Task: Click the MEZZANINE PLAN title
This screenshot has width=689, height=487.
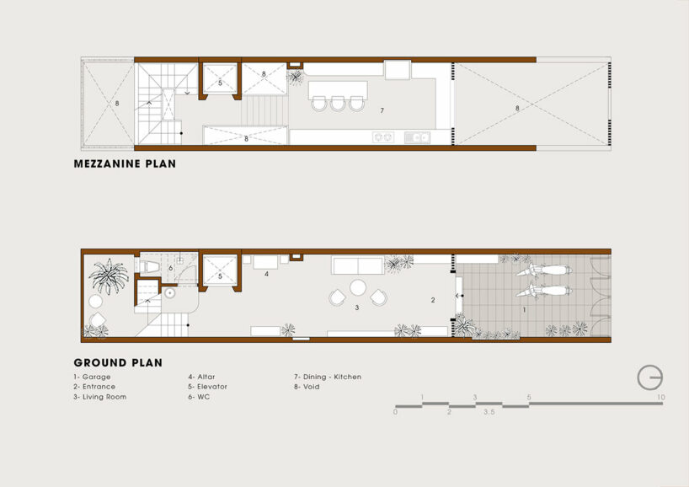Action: click(x=126, y=164)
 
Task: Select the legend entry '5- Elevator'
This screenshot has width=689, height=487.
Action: click(x=207, y=387)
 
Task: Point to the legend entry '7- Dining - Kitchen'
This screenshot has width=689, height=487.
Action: click(x=327, y=377)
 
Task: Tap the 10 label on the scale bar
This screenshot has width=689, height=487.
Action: click(x=662, y=397)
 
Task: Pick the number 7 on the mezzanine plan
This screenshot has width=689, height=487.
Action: click(x=382, y=110)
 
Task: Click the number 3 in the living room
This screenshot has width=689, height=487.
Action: click(x=357, y=308)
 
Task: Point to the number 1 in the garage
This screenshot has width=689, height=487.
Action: click(x=524, y=310)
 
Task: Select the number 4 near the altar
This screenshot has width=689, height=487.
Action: click(x=266, y=274)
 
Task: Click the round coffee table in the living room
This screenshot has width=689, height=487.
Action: click(x=358, y=288)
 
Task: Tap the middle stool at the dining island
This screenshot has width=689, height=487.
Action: click(x=339, y=103)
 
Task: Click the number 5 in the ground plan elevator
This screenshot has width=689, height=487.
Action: click(x=221, y=276)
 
